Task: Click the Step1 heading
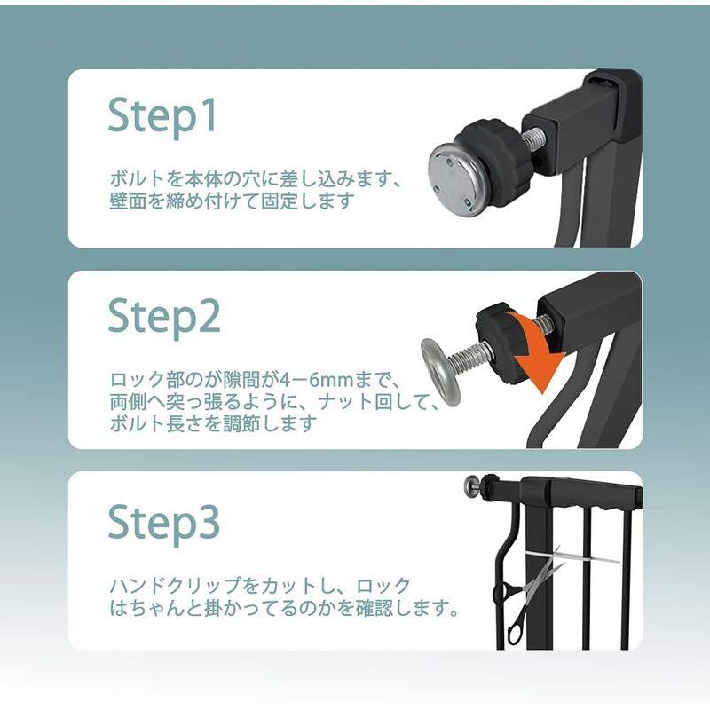pyautogui.click(x=162, y=117)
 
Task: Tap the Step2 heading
pyautogui.click(x=164, y=319)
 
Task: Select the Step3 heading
pyautogui.click(x=164, y=524)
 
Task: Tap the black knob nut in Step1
pyautogui.click(x=492, y=163)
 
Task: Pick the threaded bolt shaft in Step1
pyautogui.click(x=534, y=138)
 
